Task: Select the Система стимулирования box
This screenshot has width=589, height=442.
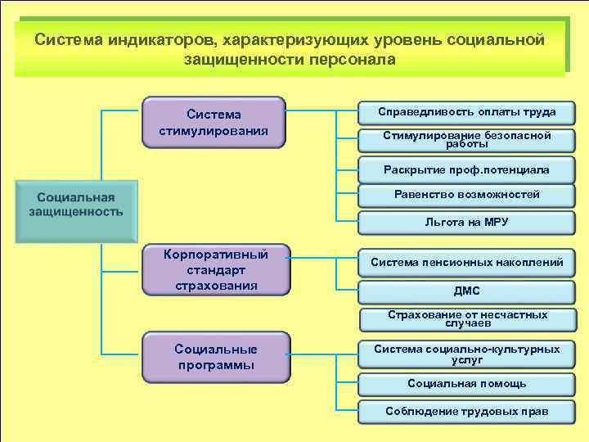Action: (x=214, y=123)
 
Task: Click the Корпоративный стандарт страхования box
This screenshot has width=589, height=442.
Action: (x=216, y=269)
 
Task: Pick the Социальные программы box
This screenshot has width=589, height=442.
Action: (x=216, y=357)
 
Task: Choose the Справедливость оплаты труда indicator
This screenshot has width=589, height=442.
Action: (x=466, y=112)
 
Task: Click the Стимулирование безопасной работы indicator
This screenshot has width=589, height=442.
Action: (x=466, y=140)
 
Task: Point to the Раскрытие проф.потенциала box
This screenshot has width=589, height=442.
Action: (x=466, y=170)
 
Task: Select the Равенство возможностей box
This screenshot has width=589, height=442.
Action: (x=466, y=195)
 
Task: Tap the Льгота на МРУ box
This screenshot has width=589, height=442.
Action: (x=466, y=222)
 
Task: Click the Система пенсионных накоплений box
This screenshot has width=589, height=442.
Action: (x=466, y=263)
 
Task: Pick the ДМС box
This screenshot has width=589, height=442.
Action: (x=466, y=291)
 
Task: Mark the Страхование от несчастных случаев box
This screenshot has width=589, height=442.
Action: (x=466, y=318)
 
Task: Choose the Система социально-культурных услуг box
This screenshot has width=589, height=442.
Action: (x=466, y=354)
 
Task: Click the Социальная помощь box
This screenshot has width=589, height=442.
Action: (x=466, y=383)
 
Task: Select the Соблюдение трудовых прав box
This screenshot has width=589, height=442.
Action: (x=466, y=411)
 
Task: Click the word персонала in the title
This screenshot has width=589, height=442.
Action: (x=353, y=60)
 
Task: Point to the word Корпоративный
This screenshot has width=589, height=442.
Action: (x=216, y=253)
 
